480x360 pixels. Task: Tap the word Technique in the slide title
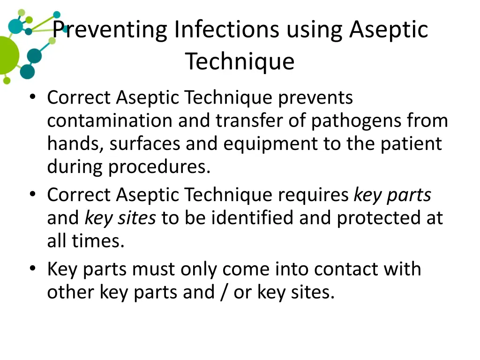[x=240, y=61]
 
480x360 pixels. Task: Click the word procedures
[x=159, y=167]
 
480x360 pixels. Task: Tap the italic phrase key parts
[x=392, y=195]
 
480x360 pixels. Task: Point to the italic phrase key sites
[x=120, y=218]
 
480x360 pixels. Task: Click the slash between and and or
[x=220, y=292]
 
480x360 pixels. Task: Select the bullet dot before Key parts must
[x=32, y=269]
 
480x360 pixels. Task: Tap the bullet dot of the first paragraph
[x=32, y=97]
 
